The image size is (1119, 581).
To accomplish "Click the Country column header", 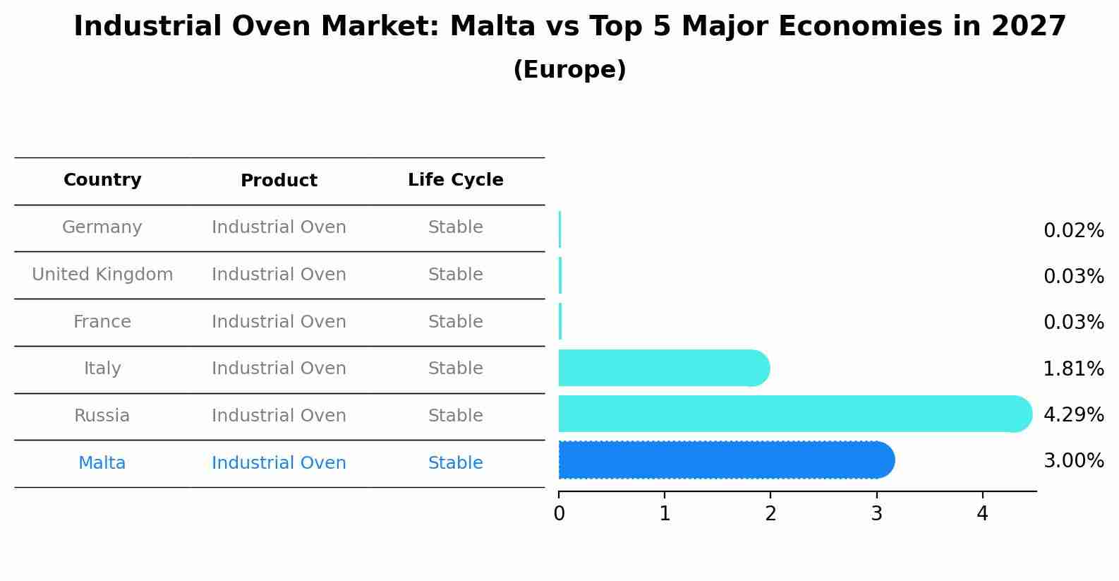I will (x=102, y=180).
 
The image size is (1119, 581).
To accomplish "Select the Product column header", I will (x=279, y=181).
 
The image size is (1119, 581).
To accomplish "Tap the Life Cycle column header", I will (x=455, y=180).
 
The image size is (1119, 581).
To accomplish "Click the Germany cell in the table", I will (x=102, y=227).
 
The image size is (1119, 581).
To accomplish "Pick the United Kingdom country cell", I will (x=102, y=275).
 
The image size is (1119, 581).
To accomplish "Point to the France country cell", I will (x=102, y=322).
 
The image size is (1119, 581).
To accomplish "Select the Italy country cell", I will (x=102, y=369).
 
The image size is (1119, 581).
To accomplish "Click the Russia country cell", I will (x=102, y=416).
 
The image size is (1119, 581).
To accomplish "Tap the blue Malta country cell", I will (x=102, y=463).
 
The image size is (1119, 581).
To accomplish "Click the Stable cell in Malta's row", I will (x=455, y=463).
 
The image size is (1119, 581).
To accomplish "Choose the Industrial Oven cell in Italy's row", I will (x=279, y=369).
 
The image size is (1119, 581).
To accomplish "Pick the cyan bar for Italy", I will (x=663, y=368).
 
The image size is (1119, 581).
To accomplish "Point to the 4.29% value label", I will (x=1073, y=414).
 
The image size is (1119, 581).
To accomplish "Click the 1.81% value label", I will (x=1073, y=369).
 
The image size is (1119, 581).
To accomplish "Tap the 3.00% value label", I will (x=1073, y=461).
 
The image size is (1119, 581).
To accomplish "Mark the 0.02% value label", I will (x=1073, y=231).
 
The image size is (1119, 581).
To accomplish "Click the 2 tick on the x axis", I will (x=770, y=514).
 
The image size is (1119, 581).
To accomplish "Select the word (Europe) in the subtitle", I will (x=569, y=70).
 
